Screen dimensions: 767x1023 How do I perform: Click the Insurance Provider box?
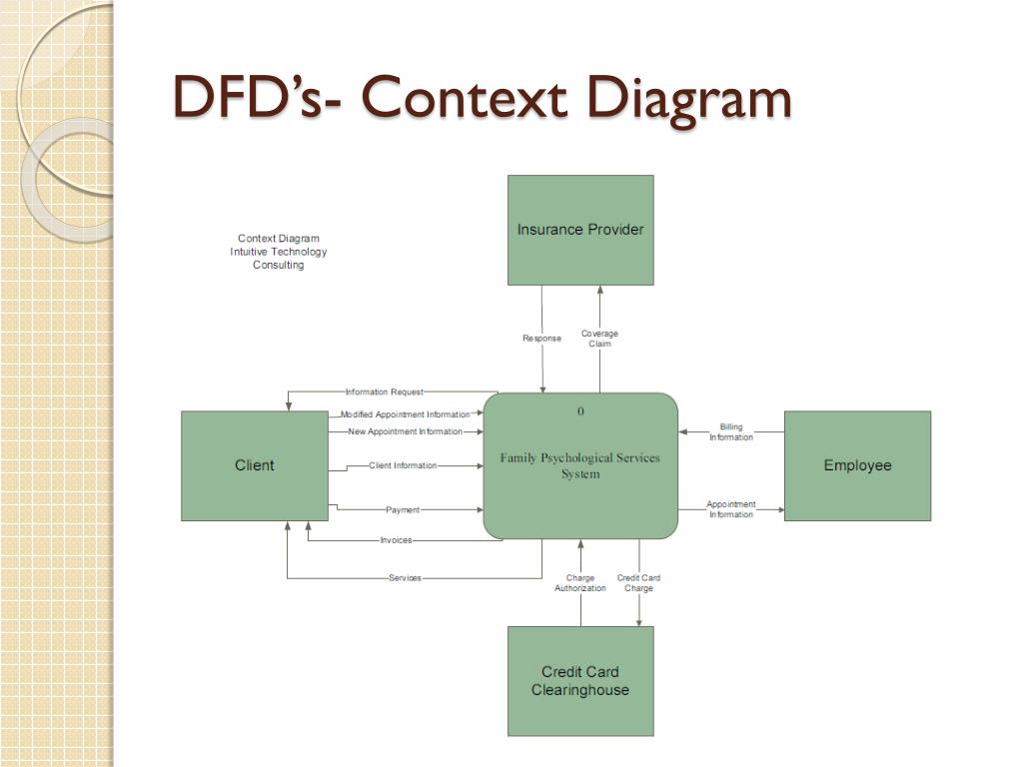[x=580, y=230]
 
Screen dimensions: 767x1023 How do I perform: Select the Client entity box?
[x=254, y=465]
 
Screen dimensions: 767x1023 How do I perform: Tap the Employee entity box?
[x=857, y=465]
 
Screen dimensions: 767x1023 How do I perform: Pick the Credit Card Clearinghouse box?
[x=580, y=681]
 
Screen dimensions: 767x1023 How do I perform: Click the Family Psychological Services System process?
[x=580, y=465]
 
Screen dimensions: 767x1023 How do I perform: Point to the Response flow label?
[x=541, y=339]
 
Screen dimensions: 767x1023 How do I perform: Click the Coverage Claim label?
[x=599, y=339]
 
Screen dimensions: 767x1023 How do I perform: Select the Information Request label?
[x=385, y=392]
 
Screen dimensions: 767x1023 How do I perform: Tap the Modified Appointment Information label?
[x=405, y=414]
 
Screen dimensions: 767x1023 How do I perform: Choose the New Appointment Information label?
[x=405, y=432]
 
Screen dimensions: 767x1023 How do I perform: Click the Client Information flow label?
[x=403, y=466]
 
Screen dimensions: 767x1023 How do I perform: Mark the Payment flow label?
[x=403, y=510]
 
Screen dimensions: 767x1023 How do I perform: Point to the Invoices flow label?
[x=396, y=541]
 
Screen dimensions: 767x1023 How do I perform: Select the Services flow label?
[x=405, y=578]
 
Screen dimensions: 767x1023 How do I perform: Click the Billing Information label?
[x=731, y=432]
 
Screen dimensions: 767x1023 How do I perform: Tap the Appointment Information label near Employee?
[x=731, y=509]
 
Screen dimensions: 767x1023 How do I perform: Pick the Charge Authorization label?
[x=580, y=583]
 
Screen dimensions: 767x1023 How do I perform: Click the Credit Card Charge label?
[x=638, y=583]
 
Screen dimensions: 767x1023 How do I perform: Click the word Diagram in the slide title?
[x=688, y=99]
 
